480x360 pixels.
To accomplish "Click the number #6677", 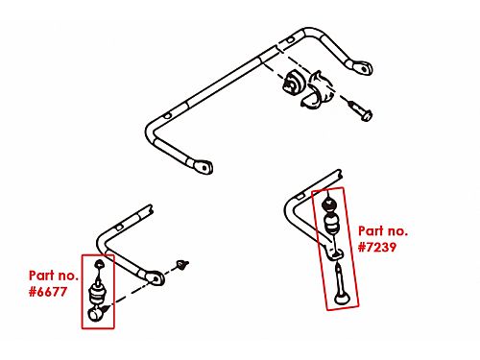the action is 48,292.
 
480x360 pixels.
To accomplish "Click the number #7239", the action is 377,247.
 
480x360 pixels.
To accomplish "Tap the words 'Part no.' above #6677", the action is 54,276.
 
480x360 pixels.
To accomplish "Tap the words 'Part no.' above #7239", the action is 383,230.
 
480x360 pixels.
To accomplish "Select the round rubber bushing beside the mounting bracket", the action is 292,83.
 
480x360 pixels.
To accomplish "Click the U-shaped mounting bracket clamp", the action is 316,89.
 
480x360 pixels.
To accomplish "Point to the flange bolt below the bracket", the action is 360,109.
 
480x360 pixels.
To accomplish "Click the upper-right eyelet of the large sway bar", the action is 362,67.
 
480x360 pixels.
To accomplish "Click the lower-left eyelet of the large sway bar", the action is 203,167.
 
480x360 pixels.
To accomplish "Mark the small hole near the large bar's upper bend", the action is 290,40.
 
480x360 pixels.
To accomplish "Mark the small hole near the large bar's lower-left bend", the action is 167,116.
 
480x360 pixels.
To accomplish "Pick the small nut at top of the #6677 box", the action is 100,264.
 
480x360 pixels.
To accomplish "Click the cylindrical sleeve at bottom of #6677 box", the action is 96,313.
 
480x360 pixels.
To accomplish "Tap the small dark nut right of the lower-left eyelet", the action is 182,264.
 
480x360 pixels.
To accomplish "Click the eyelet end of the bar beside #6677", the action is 156,278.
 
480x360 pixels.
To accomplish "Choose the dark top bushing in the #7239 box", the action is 329,204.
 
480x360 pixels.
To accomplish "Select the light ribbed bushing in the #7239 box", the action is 333,224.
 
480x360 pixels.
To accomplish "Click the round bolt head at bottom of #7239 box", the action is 343,299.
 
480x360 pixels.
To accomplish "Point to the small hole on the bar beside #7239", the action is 300,196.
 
